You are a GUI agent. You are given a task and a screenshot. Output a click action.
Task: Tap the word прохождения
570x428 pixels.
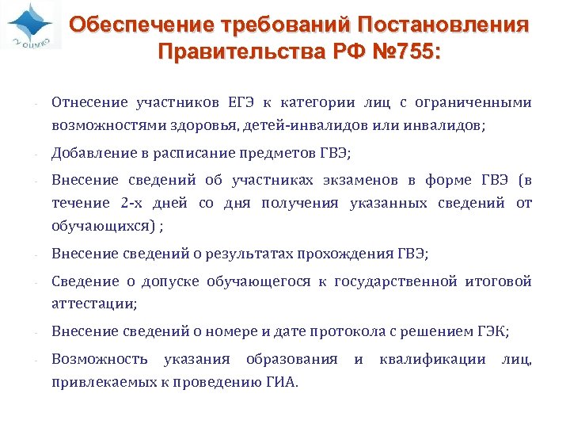(x=345, y=254)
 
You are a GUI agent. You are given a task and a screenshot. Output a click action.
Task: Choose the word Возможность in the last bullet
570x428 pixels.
(x=100, y=359)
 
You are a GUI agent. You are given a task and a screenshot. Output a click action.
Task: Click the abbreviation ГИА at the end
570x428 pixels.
(x=282, y=382)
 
